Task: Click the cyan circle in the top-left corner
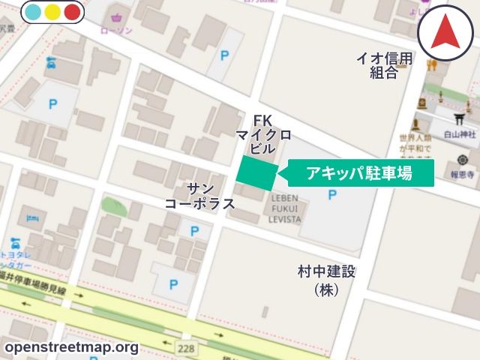pos(33,12)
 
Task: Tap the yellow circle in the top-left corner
pos(52,12)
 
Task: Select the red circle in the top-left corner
pos(72,12)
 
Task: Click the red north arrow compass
pos(445,31)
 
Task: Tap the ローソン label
pos(117,30)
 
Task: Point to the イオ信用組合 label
pos(385,66)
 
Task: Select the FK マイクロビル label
pos(262,134)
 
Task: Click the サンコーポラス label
pos(200,196)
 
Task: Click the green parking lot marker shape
pos(256,173)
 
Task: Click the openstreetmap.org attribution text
pos(70,347)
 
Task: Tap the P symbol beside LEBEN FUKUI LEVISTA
pos(332,195)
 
